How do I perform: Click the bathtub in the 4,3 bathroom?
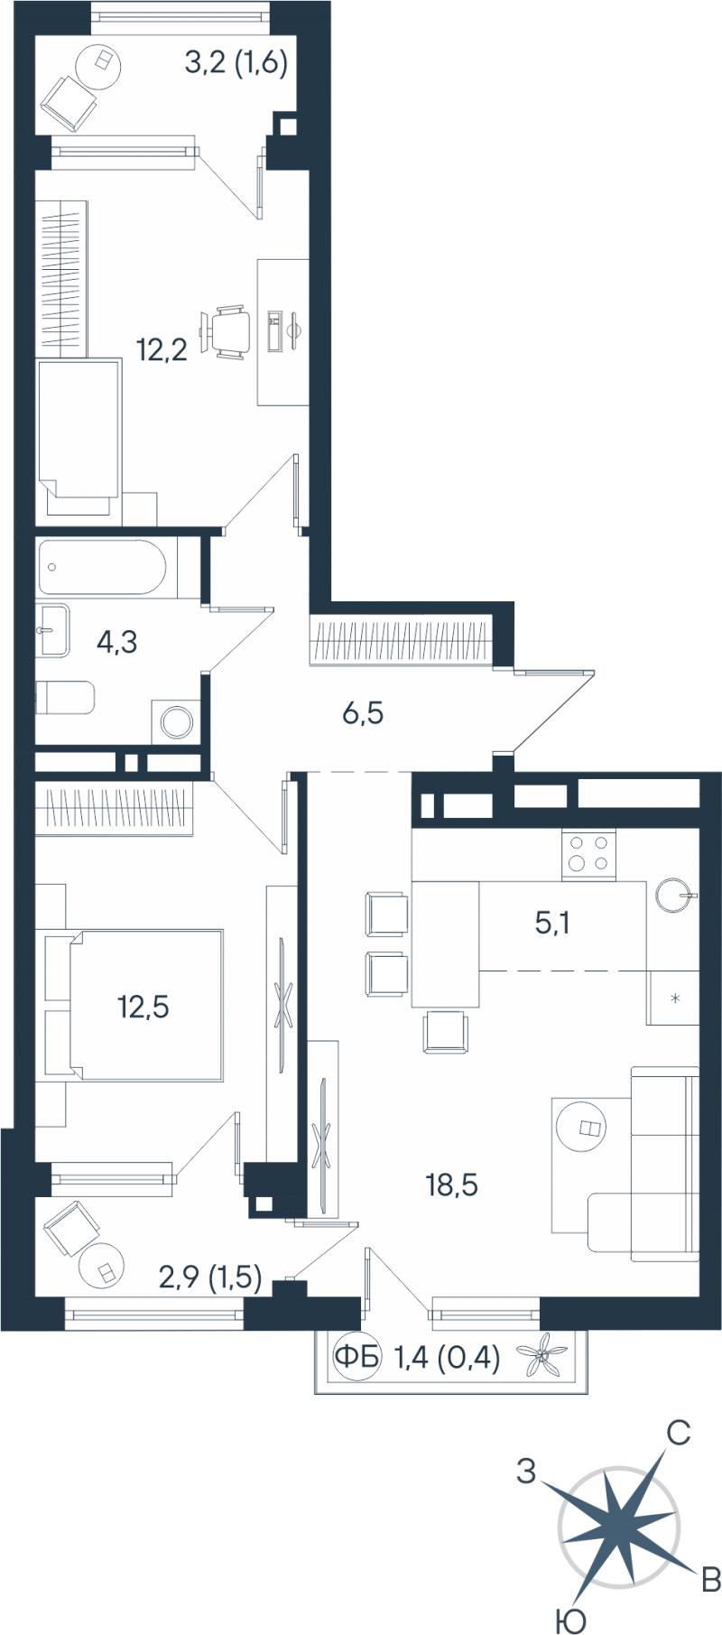(102, 567)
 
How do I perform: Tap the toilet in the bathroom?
(65, 698)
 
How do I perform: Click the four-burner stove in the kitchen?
(588, 854)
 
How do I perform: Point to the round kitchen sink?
(674, 895)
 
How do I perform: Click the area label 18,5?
(451, 1184)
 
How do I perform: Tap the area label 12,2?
(162, 348)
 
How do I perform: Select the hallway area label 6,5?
(363, 714)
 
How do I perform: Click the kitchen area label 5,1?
(552, 924)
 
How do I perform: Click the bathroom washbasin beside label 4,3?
(54, 629)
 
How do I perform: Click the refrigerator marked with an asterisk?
(673, 998)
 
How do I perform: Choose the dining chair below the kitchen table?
(447, 1031)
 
